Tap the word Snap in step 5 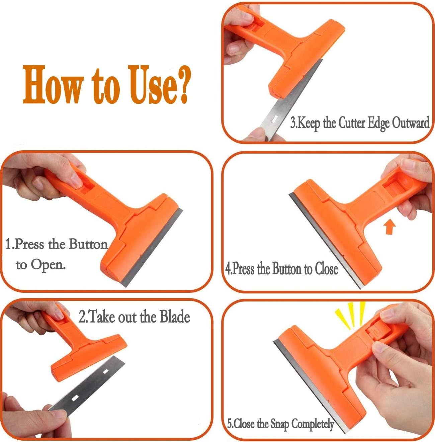279,424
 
